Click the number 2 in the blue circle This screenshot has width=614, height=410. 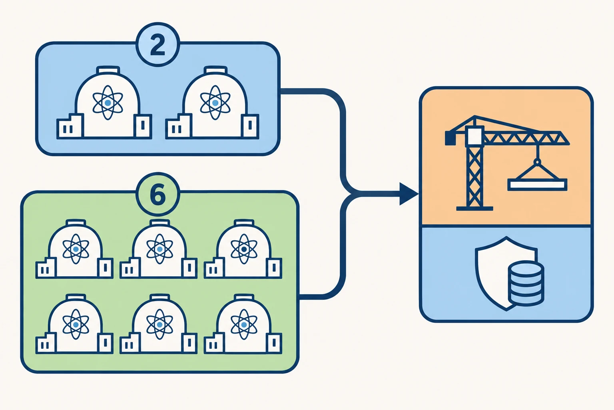157,45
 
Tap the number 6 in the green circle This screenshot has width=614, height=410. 158,195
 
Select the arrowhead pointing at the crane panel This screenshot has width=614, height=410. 409,194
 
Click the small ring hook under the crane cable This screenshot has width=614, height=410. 538,162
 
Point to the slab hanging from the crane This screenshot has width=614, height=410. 537,185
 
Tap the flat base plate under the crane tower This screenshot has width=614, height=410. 474,209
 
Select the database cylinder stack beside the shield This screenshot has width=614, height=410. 526,283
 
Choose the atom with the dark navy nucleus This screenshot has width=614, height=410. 244,249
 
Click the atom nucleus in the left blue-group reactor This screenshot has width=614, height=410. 108,103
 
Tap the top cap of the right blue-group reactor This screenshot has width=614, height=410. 215,70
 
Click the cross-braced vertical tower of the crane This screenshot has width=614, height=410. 474,176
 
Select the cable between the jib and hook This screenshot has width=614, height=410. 538,152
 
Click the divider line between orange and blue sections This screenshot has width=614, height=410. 506,226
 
